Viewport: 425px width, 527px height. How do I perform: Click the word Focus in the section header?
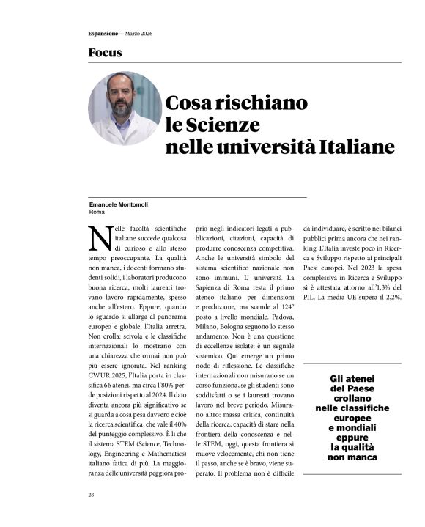pos(105,53)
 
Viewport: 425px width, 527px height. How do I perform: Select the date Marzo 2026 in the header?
pos(137,34)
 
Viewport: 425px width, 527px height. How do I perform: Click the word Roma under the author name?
pos(97,212)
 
